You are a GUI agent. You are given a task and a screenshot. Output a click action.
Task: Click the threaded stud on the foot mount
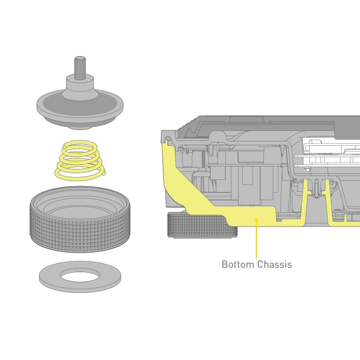[80, 68]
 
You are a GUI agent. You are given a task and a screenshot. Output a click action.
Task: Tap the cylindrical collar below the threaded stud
[80, 84]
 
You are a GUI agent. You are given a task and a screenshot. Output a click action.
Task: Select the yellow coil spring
[80, 160]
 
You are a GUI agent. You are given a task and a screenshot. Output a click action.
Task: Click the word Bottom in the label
[238, 264]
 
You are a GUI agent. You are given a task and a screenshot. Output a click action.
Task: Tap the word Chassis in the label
[274, 264]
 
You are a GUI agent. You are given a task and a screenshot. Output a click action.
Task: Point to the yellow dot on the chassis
[257, 220]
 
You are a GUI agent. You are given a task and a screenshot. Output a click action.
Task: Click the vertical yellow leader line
[257, 239]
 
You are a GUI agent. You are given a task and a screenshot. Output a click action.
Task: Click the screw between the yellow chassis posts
[316, 189]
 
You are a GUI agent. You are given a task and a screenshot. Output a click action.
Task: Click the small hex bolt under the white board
[307, 169]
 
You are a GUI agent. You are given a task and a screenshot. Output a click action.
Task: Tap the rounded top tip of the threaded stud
[80, 58]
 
